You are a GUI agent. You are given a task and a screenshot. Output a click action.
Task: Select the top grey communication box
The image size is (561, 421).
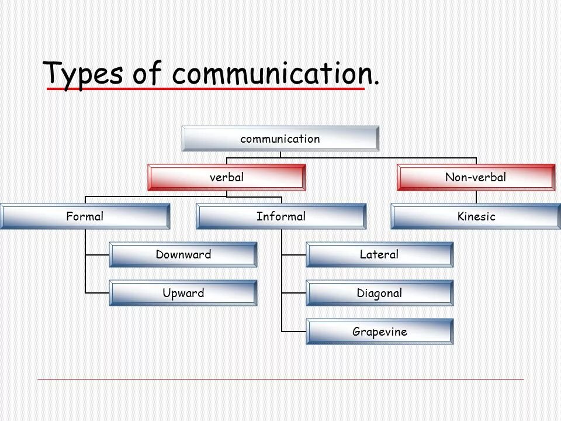tap(280, 139)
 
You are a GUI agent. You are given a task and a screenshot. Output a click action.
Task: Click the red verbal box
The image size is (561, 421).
tap(226, 177)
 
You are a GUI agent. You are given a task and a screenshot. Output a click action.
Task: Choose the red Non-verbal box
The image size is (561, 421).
tap(476, 177)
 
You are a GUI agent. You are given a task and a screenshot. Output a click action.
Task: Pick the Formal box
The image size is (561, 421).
tap(85, 216)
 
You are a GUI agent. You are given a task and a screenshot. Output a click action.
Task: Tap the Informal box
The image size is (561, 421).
tap(281, 216)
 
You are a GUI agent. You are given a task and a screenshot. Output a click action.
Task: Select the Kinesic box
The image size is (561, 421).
tap(476, 216)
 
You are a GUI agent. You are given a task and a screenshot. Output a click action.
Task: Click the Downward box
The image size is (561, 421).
tap(183, 254)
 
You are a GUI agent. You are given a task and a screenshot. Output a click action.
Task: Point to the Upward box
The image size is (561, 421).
tap(183, 293)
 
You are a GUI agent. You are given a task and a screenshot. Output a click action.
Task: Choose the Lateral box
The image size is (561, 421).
tap(379, 254)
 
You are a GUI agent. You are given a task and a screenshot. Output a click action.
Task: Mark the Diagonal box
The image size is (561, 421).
tap(379, 293)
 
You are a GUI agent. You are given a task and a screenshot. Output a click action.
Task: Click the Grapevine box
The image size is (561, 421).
tap(379, 332)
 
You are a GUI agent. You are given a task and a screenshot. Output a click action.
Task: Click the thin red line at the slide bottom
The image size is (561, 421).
tap(280, 379)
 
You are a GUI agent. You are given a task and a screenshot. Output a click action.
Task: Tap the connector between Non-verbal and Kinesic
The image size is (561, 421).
tap(476, 197)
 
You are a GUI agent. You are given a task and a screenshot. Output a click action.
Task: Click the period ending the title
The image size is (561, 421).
tap(376, 82)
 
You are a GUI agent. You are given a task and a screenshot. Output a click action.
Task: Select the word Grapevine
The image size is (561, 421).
tap(379, 332)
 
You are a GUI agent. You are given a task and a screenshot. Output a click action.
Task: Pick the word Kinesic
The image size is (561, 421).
tap(476, 217)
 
